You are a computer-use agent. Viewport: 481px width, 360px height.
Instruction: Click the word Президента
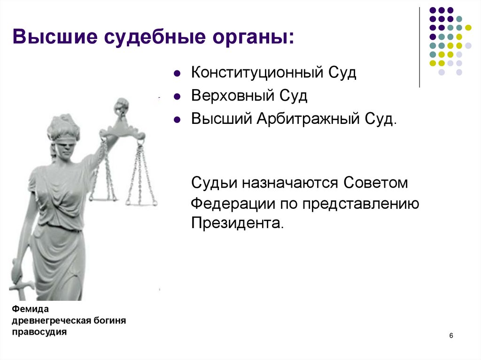(x=237, y=222)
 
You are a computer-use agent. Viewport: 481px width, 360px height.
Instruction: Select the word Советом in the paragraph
(x=376, y=183)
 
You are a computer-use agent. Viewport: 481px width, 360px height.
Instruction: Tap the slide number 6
(x=451, y=336)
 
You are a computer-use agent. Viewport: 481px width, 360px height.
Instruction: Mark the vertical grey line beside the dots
(x=419, y=47)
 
